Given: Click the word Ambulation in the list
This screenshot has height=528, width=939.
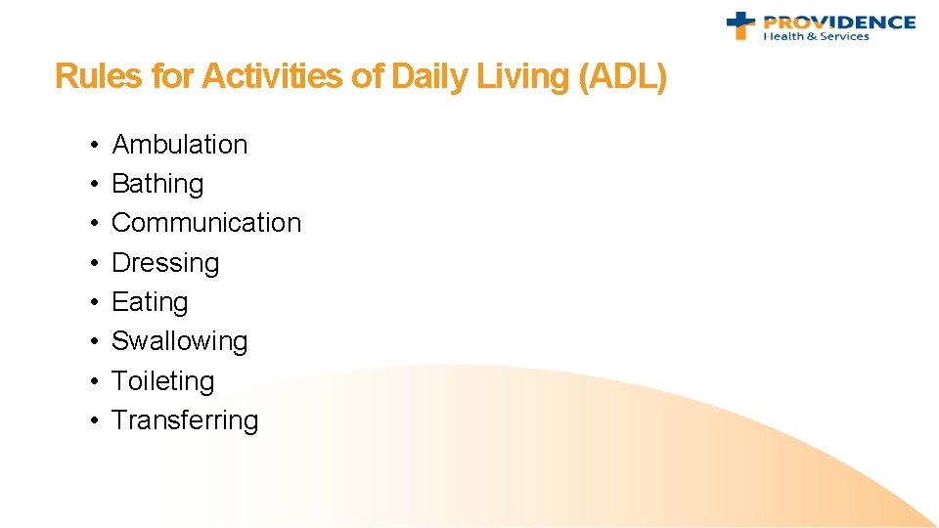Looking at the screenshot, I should (180, 145).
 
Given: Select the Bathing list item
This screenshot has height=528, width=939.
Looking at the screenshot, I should (157, 184).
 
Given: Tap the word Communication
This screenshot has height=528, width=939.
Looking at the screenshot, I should (206, 223).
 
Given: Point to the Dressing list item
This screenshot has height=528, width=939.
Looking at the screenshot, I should (165, 263).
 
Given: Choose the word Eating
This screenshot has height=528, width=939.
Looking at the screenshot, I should (150, 302).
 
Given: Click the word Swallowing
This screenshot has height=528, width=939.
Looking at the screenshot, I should (180, 341).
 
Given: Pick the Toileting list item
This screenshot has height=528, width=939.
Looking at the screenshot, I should (162, 381).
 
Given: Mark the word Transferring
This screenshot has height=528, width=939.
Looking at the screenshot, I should (185, 420).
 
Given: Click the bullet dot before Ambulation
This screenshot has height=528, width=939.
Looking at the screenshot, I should (90, 145).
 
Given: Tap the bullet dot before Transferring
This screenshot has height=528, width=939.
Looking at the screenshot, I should (90, 420).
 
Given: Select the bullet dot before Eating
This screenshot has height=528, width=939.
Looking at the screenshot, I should (90, 302).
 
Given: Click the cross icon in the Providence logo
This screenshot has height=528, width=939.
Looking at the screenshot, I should (740, 24).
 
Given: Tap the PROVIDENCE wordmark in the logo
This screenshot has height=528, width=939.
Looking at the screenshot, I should (838, 22).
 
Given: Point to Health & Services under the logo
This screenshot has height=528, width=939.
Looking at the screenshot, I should (816, 37).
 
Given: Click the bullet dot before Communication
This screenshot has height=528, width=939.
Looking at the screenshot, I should (90, 223).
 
